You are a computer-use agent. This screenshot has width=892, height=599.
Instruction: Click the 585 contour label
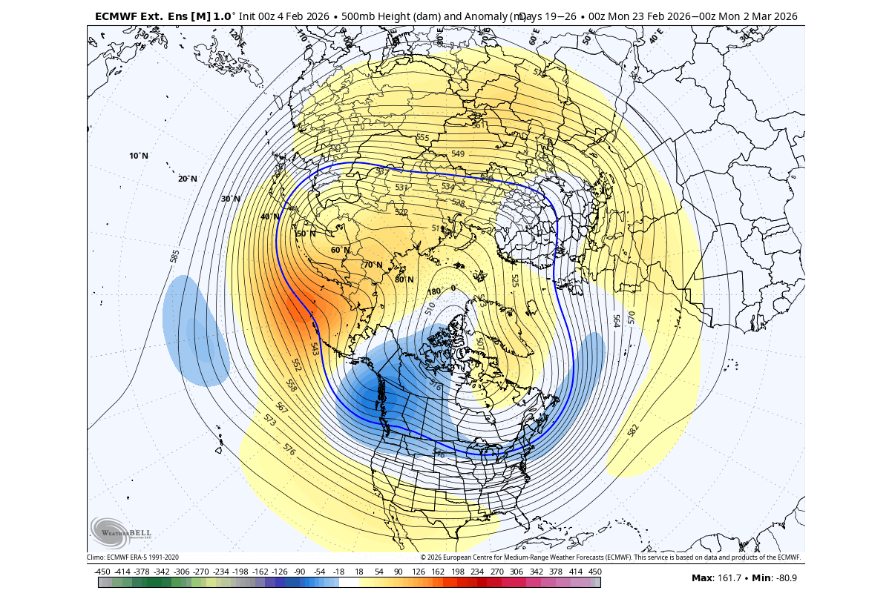[175, 256]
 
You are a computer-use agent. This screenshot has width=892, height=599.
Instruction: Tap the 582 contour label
[633, 430]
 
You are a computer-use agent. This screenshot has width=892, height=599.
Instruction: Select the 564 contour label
[616, 320]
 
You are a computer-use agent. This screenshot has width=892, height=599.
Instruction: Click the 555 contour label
[423, 138]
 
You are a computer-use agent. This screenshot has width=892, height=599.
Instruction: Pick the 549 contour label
[458, 153]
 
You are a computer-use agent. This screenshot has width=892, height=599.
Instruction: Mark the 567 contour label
[282, 407]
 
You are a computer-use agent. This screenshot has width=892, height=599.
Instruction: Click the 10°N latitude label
[139, 156]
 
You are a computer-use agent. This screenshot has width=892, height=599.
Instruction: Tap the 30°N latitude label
[231, 199]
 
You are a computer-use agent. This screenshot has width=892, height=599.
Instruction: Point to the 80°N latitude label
[404, 279]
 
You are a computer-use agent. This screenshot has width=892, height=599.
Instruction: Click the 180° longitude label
[434, 291]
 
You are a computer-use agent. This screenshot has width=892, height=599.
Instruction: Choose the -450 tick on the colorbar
[103, 572]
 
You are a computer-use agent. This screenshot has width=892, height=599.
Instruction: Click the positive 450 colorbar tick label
[595, 572]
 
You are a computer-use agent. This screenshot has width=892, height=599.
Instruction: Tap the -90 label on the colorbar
[299, 572]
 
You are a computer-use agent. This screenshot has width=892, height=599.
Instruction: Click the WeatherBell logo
[120, 532]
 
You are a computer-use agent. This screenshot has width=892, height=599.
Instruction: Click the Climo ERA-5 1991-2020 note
[133, 557]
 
